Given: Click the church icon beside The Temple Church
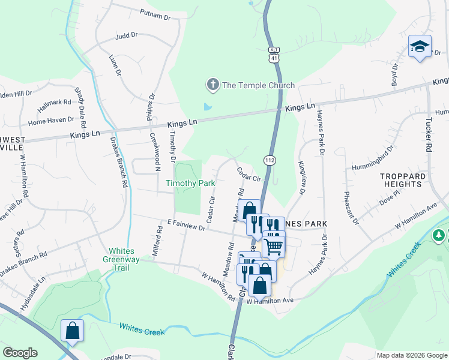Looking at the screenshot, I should [x=212, y=85].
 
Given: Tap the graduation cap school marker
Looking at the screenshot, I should [x=420, y=46].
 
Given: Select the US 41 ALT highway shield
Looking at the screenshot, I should [x=273, y=55].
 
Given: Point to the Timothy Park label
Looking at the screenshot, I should [x=191, y=183].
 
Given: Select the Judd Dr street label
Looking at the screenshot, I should [x=126, y=36].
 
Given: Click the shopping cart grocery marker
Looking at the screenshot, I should [x=274, y=245].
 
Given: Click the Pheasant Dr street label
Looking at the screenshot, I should [x=350, y=208].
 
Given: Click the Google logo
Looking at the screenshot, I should [x=20, y=352].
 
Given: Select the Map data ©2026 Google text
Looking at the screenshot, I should [x=411, y=355].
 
